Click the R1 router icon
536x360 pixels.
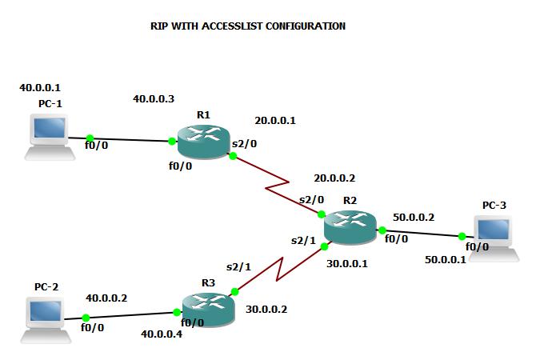(x=203, y=142)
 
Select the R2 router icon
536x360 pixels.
(x=350, y=226)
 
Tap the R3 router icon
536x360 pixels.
(x=209, y=309)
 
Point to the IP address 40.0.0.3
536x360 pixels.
(x=154, y=99)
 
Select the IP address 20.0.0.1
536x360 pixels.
(x=275, y=121)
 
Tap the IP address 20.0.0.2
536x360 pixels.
(x=334, y=178)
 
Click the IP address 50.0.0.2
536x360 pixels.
(x=414, y=217)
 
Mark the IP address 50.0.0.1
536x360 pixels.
(x=446, y=260)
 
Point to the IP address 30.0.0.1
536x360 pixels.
(x=347, y=263)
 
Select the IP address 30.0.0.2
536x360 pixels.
(x=266, y=308)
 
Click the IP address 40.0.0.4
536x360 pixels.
(x=161, y=334)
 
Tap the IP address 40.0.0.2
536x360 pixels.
(x=106, y=298)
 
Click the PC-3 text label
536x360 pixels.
(x=494, y=206)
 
